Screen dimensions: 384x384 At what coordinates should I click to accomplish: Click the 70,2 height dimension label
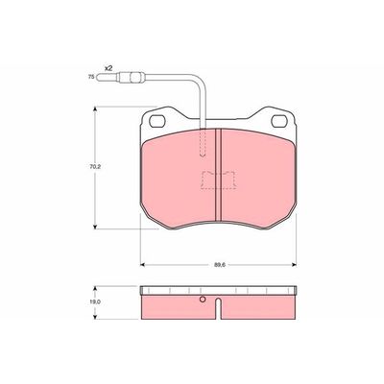pos(94,167)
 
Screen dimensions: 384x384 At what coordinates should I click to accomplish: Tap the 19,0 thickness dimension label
pos(93,301)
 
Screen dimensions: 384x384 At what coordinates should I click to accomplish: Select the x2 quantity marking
pos(108,68)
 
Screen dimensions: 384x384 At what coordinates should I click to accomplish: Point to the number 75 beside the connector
pos(91,77)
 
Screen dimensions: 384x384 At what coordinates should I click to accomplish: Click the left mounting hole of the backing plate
pos(156,121)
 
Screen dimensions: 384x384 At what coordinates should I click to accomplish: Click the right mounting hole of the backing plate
pos(278,121)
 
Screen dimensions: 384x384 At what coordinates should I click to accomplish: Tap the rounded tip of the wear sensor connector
pos(99,77)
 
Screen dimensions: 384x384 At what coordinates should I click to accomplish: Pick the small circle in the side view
pos(203,300)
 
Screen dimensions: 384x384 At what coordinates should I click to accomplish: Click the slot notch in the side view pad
pos(218,308)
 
